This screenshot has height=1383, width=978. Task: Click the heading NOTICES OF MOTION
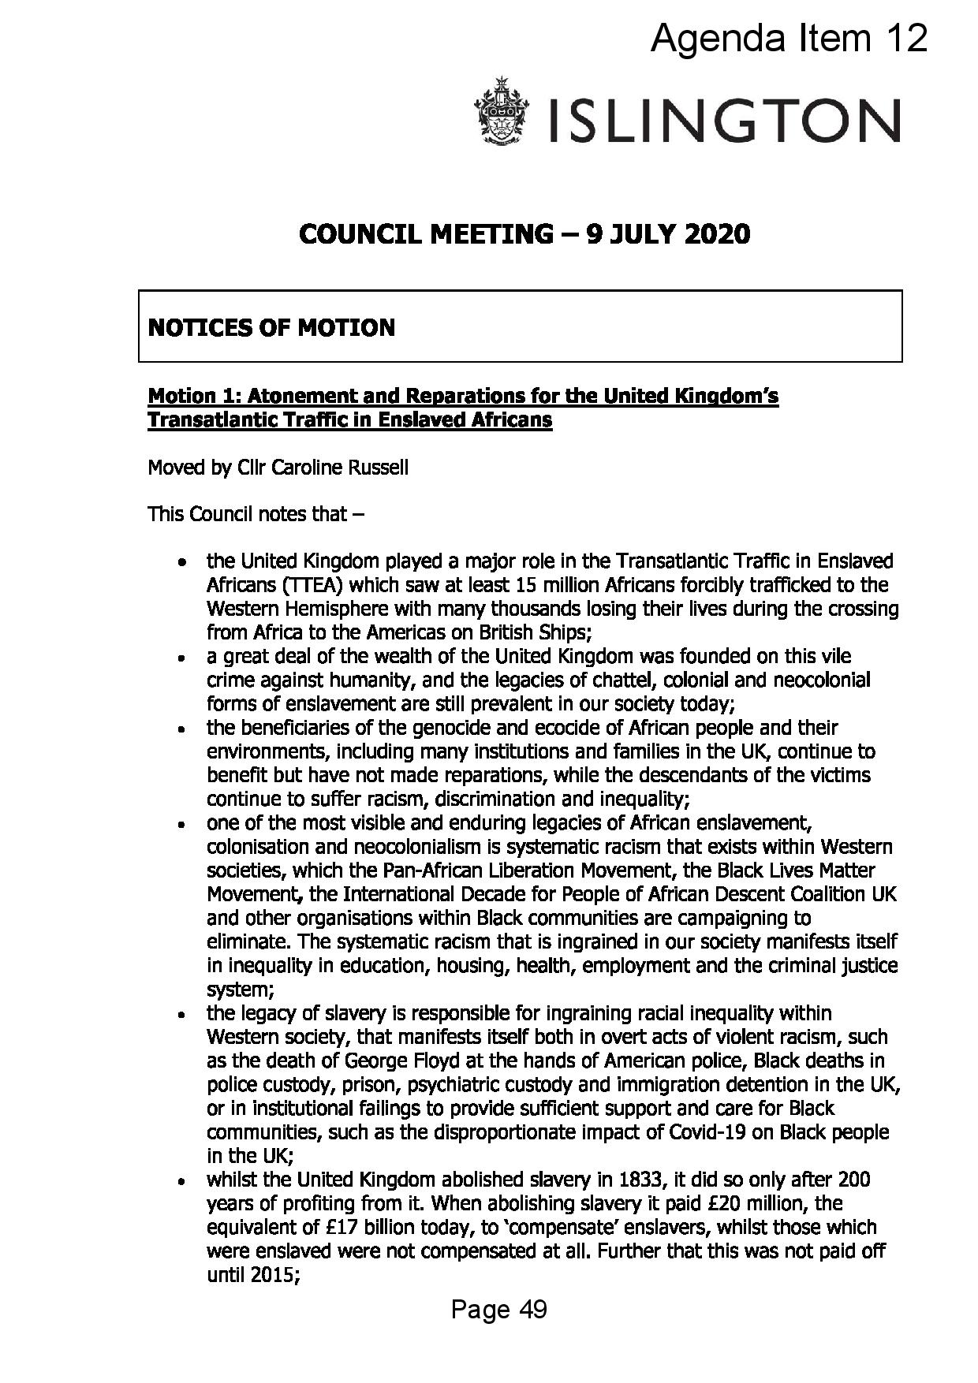[271, 327]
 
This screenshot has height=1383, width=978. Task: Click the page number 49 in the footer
[533, 1310]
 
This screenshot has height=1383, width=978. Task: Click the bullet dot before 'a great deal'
[182, 658]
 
